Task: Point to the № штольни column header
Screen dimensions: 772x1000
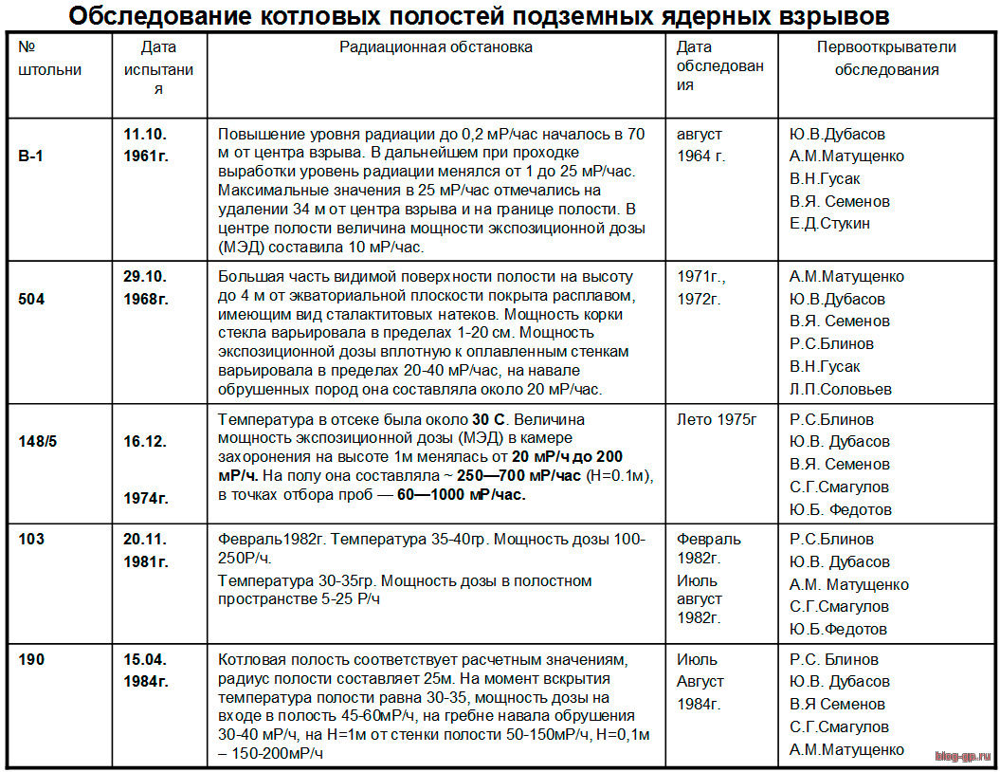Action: [49, 58]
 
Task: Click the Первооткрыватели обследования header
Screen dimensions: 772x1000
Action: [886, 58]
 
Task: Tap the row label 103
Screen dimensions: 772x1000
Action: [31, 539]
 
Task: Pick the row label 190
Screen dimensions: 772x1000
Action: [31, 658]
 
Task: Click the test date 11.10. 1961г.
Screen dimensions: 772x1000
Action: [146, 144]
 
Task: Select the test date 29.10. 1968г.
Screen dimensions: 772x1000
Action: [146, 287]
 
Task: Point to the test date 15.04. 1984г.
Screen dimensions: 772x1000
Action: [146, 670]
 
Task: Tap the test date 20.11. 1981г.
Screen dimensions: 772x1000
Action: [146, 550]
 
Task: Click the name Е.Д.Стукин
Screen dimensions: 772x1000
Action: [829, 224]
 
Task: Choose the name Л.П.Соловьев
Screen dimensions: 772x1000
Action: [840, 389]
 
